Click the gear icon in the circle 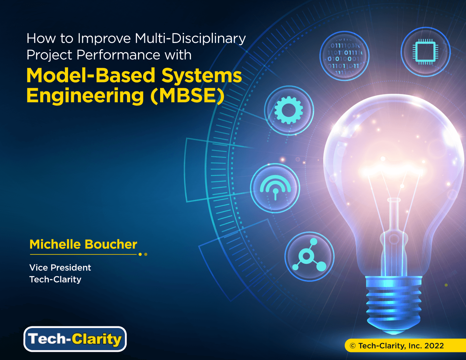pos(289,110)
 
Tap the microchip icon pos(425,52)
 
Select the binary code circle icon pos(345,56)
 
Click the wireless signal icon pos(275,188)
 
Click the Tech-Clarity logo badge pos(75,339)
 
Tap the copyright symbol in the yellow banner pos(353,346)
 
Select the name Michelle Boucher pos(83,244)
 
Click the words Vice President pos(60,267)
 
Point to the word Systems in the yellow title pos(202,75)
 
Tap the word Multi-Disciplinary pos(190,39)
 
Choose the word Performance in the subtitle pos(118,55)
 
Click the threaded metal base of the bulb pos(393,305)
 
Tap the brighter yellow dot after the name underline pos(140,255)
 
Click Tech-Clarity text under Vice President pos(55,279)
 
